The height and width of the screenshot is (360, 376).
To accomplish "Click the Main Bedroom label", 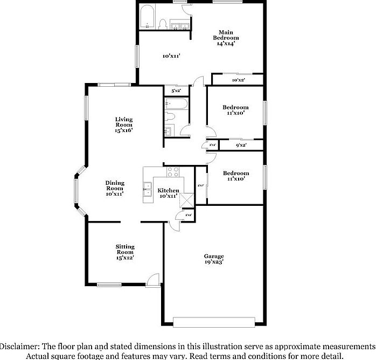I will click(x=226, y=34).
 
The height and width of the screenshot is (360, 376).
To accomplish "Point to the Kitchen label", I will click(x=168, y=191).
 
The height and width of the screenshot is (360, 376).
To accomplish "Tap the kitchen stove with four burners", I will click(x=173, y=172).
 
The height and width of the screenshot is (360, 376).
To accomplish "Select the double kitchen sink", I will click(x=147, y=190).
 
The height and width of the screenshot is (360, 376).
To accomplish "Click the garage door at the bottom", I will click(x=214, y=322).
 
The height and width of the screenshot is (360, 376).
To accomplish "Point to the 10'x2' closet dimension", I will click(x=238, y=80).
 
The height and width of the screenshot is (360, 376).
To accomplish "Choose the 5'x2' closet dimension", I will click(x=176, y=91).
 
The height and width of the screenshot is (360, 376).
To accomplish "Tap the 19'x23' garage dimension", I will click(x=214, y=262).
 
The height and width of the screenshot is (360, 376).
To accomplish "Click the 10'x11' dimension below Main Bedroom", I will click(x=171, y=56).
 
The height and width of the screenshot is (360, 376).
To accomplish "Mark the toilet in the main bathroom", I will click(x=163, y=23).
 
